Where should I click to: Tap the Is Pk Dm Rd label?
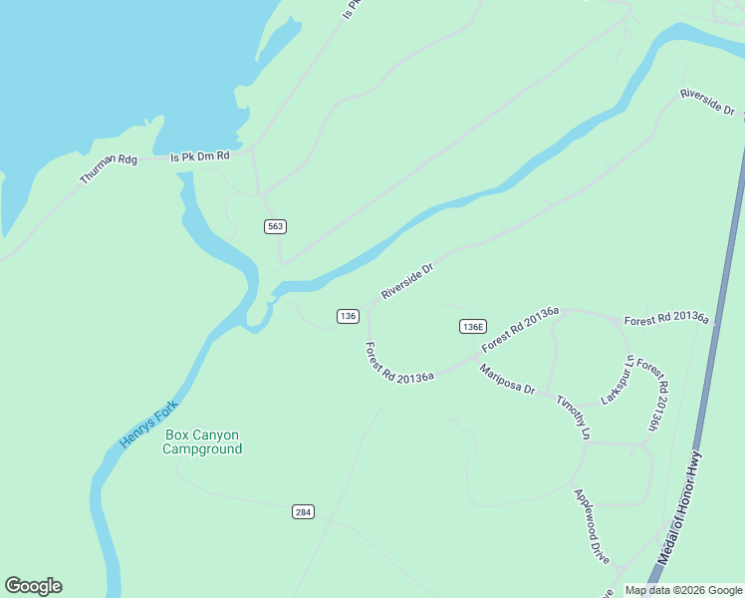200,156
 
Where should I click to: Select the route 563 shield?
276,226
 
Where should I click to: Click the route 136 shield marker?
348,316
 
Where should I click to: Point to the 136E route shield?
473,327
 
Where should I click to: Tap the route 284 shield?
304,512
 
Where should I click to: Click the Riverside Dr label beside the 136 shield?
407,281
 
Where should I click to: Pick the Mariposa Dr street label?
507,380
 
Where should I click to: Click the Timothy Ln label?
574,418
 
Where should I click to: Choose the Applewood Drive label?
591,525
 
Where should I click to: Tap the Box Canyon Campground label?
203,442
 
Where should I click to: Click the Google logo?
33,586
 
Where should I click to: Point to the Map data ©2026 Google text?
683,590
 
